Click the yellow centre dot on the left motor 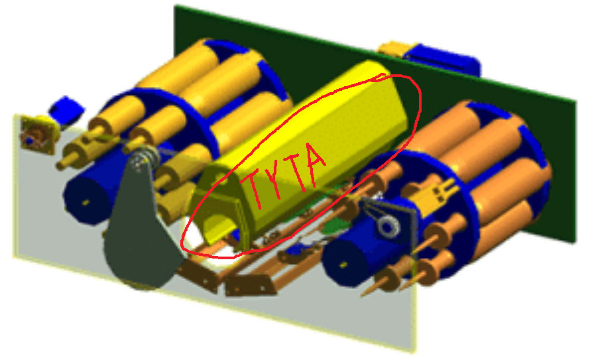pyautogui.click(x=86, y=203)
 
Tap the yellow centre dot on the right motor pyautogui.click(x=343, y=265)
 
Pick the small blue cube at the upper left pyautogui.click(x=66, y=109)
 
